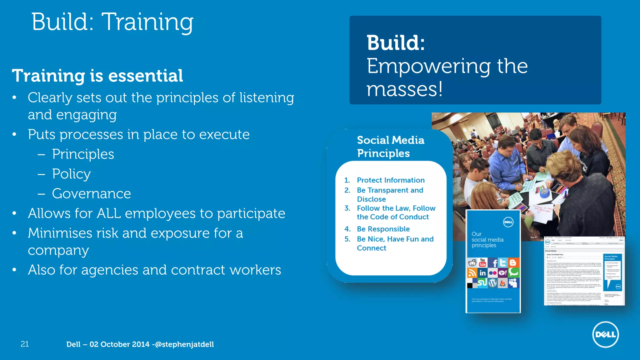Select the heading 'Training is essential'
tap(97, 76)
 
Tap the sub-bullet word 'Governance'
tap(91, 193)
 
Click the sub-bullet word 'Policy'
tap(71, 174)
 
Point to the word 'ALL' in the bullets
tap(109, 213)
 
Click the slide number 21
tap(25, 344)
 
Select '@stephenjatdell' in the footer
tap(184, 344)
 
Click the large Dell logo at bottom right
tap(605, 334)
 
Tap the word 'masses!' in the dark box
tap(404, 89)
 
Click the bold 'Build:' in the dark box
tap(396, 43)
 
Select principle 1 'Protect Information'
tap(391, 180)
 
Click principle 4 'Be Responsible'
tap(383, 229)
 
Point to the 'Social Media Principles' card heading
tap(390, 147)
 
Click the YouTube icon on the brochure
tap(482, 262)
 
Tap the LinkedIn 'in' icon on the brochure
tap(482, 273)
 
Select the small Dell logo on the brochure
tap(508, 222)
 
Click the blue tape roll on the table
tap(544, 193)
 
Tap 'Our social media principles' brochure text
tap(487, 240)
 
